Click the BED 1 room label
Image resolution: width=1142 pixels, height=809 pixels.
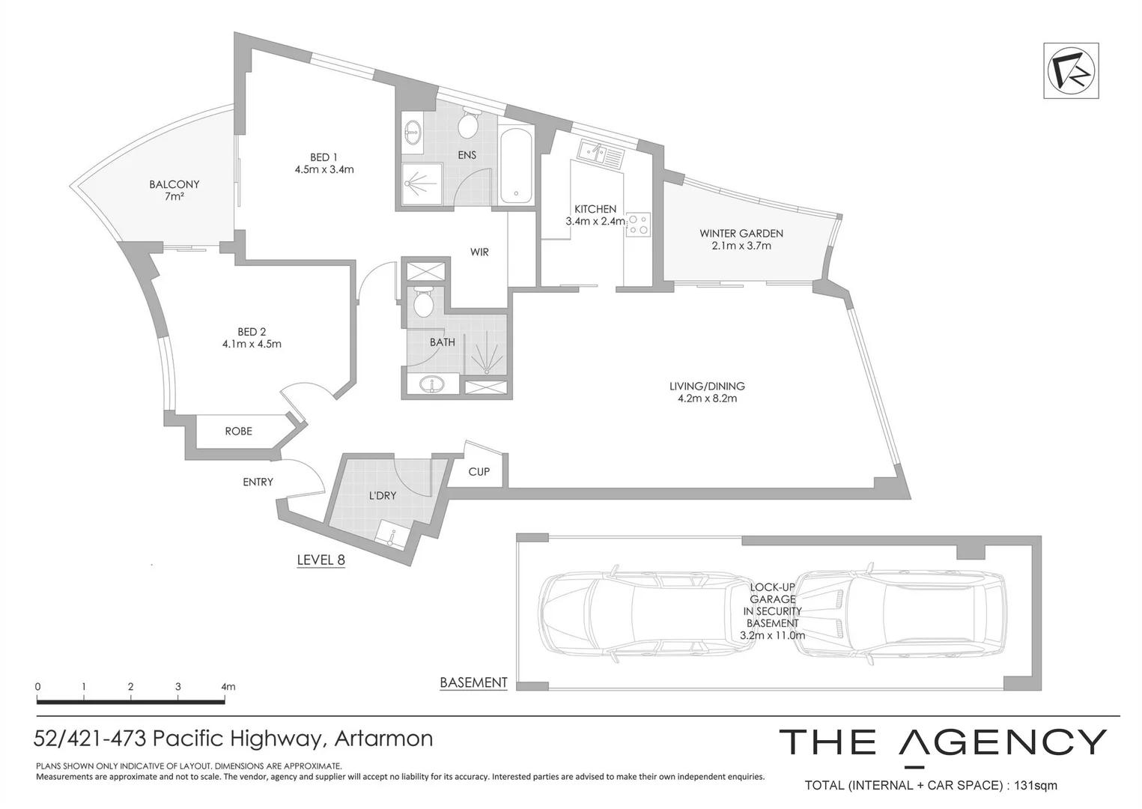tap(324, 163)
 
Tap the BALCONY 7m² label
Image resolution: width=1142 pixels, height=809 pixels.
tap(174, 190)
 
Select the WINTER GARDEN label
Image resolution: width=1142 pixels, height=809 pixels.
tap(741, 239)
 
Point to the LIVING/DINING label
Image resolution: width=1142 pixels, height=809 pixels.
tap(707, 393)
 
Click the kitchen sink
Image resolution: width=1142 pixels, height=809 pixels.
tap(601, 154)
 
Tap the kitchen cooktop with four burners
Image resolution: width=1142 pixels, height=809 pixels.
tap(638, 225)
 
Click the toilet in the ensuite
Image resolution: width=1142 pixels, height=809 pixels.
tap(467, 124)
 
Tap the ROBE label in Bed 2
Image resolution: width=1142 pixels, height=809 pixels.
tap(239, 431)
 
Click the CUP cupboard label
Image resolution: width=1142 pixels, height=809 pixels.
tap(479, 472)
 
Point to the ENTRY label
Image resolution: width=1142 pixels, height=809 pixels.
tap(258, 482)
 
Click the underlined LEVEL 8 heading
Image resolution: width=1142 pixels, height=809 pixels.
tap(321, 560)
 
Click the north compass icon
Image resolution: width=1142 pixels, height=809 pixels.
tap(1071, 70)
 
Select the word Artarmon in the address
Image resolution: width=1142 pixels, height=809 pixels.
tap(383, 738)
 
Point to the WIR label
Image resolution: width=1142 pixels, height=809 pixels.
tap(479, 252)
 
